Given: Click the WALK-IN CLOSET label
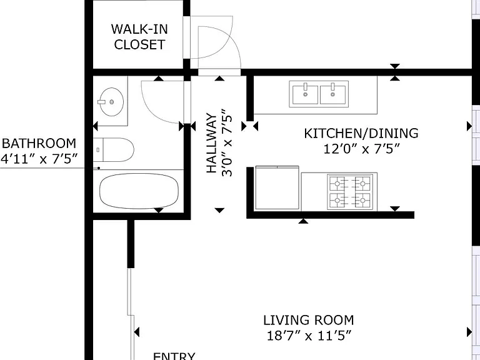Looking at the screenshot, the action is click(x=139, y=37).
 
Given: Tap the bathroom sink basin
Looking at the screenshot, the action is click(x=112, y=102).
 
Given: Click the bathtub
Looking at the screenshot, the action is click(x=139, y=191).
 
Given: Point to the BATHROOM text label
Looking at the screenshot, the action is click(x=39, y=144).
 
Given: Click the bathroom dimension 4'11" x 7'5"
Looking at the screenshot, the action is click(x=39, y=159).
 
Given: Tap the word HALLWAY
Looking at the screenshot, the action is click(x=212, y=143).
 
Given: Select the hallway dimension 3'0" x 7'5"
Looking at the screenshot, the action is click(x=227, y=143).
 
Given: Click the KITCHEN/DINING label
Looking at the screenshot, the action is click(x=361, y=134).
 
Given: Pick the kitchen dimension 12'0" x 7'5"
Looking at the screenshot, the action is click(x=361, y=149).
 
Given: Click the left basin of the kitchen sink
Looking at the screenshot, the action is click(x=305, y=94).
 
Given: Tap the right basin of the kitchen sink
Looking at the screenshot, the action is click(x=332, y=94).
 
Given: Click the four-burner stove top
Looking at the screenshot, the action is click(x=350, y=192).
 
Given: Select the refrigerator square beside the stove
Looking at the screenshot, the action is click(x=277, y=188).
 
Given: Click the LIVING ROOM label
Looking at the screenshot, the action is click(x=309, y=321).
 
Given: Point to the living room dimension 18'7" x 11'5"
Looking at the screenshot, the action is click(x=309, y=336).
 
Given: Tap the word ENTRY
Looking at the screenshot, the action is click(x=174, y=356).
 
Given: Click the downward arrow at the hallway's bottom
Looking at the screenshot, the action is click(x=219, y=210).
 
